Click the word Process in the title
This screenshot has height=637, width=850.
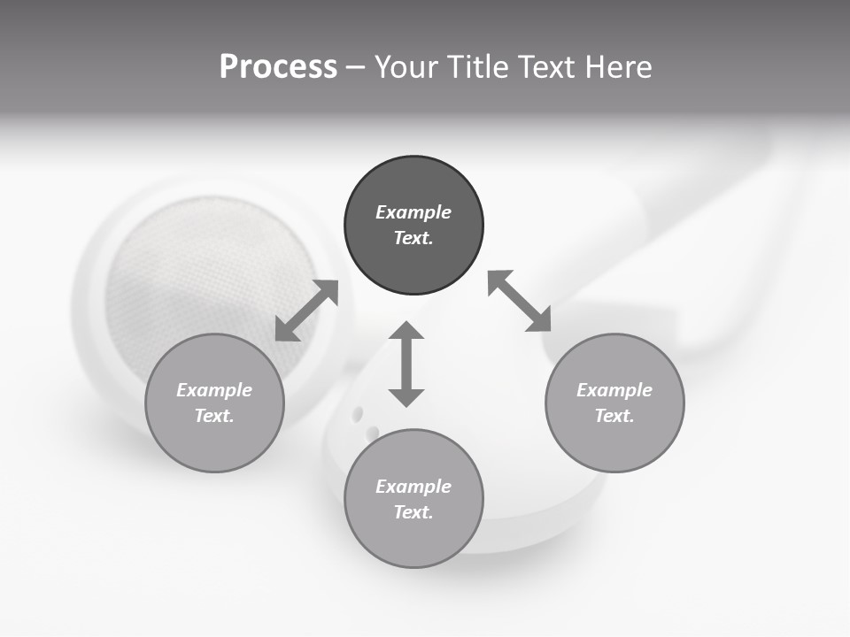(x=278, y=67)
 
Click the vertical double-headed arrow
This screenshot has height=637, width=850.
(x=406, y=364)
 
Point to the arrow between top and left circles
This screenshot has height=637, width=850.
(x=306, y=311)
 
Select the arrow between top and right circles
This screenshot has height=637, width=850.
(x=520, y=301)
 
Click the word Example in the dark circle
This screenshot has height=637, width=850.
(x=413, y=212)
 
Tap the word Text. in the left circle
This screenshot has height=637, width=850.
(x=214, y=416)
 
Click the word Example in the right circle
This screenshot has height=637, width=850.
(x=614, y=390)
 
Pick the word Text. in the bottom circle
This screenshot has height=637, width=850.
(x=413, y=512)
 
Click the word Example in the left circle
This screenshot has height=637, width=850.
(x=214, y=390)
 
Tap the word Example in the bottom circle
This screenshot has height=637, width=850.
(x=413, y=487)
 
